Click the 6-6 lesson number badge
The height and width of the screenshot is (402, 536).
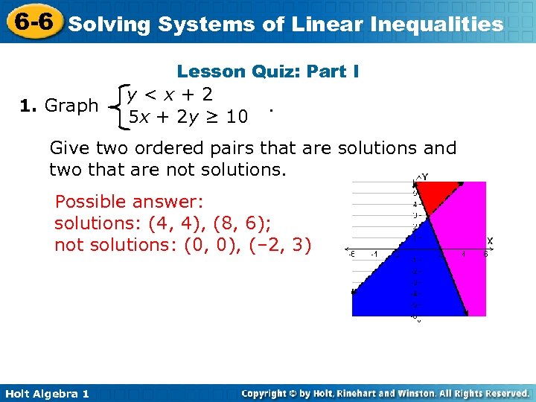click(x=31, y=22)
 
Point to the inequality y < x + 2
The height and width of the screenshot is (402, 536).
click(x=170, y=95)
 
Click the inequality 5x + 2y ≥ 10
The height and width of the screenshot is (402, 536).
click(x=188, y=117)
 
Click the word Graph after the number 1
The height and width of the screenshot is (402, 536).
click(x=71, y=106)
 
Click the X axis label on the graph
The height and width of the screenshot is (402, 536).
click(x=489, y=240)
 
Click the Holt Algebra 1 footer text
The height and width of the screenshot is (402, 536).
click(x=45, y=393)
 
